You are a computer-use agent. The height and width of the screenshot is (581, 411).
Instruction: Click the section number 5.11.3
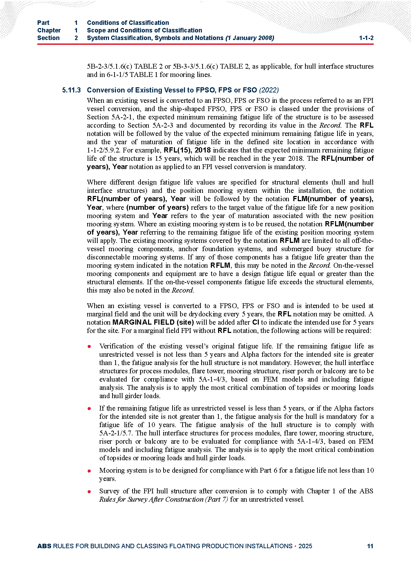(71, 90)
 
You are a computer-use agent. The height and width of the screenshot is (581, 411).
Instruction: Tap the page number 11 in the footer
(370, 546)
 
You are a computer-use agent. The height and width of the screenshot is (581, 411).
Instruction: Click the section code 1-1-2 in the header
(366, 38)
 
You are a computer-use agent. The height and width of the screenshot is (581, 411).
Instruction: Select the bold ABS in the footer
(44, 546)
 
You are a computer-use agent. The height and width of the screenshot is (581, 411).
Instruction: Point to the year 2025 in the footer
(305, 546)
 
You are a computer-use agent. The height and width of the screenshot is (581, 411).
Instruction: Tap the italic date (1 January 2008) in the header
(250, 38)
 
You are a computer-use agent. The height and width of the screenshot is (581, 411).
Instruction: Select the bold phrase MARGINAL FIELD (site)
(153, 323)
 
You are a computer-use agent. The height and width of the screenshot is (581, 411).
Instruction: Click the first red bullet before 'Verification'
(89, 346)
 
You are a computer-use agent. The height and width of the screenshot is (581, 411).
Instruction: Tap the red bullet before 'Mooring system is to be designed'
(89, 471)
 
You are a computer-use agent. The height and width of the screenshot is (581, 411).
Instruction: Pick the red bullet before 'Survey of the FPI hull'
(89, 491)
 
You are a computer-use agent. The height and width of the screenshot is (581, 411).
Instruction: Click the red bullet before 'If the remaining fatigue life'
(89, 408)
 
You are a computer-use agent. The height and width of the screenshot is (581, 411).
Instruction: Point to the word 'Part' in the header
(43, 23)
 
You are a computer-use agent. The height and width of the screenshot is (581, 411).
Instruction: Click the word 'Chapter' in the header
(49, 30)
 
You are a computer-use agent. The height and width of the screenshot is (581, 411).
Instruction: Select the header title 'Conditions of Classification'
(128, 23)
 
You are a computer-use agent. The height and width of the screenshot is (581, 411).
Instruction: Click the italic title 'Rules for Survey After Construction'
(151, 500)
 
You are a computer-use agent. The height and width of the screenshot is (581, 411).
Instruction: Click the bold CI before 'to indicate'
(256, 323)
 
